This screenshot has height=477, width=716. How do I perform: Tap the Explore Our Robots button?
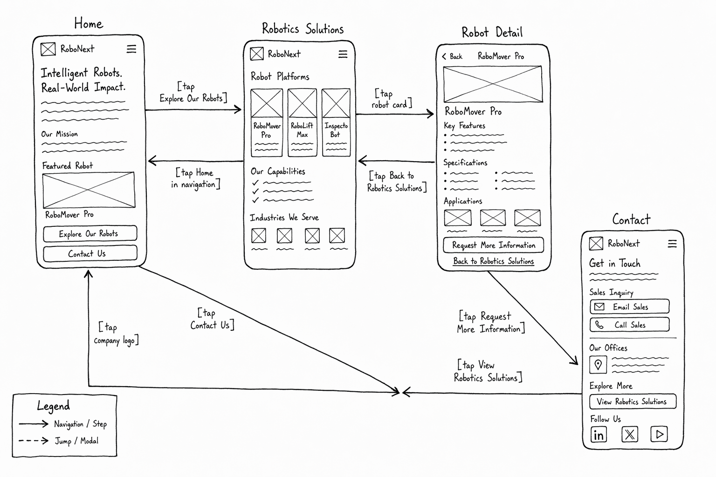[x=90, y=233]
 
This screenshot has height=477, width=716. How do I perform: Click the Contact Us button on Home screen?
[x=90, y=254]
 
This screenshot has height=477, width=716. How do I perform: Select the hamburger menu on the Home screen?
[x=131, y=49]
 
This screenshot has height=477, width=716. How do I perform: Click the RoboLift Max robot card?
[x=302, y=123]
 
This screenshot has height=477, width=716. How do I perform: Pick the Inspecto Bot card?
[x=336, y=123]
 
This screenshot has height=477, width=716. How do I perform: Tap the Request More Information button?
[x=493, y=245]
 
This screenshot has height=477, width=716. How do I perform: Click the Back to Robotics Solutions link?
[x=493, y=261]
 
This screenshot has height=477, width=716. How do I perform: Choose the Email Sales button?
[x=629, y=307]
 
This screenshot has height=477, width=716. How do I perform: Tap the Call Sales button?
[x=629, y=325]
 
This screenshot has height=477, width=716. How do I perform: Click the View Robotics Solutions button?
[x=633, y=401]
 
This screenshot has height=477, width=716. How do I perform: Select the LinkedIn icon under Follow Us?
[x=599, y=435]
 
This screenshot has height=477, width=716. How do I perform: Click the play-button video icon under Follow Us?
[x=659, y=434]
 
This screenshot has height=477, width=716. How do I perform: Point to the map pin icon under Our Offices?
[x=598, y=365]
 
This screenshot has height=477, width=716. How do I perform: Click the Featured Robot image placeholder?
[x=89, y=190]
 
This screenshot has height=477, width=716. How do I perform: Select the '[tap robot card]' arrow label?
[x=392, y=99]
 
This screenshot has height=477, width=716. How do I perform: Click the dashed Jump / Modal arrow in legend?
[x=33, y=441]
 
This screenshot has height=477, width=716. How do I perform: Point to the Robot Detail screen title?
[x=492, y=32]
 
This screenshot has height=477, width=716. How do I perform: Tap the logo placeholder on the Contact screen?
[x=596, y=244]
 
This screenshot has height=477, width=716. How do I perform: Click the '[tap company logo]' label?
[x=117, y=334]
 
